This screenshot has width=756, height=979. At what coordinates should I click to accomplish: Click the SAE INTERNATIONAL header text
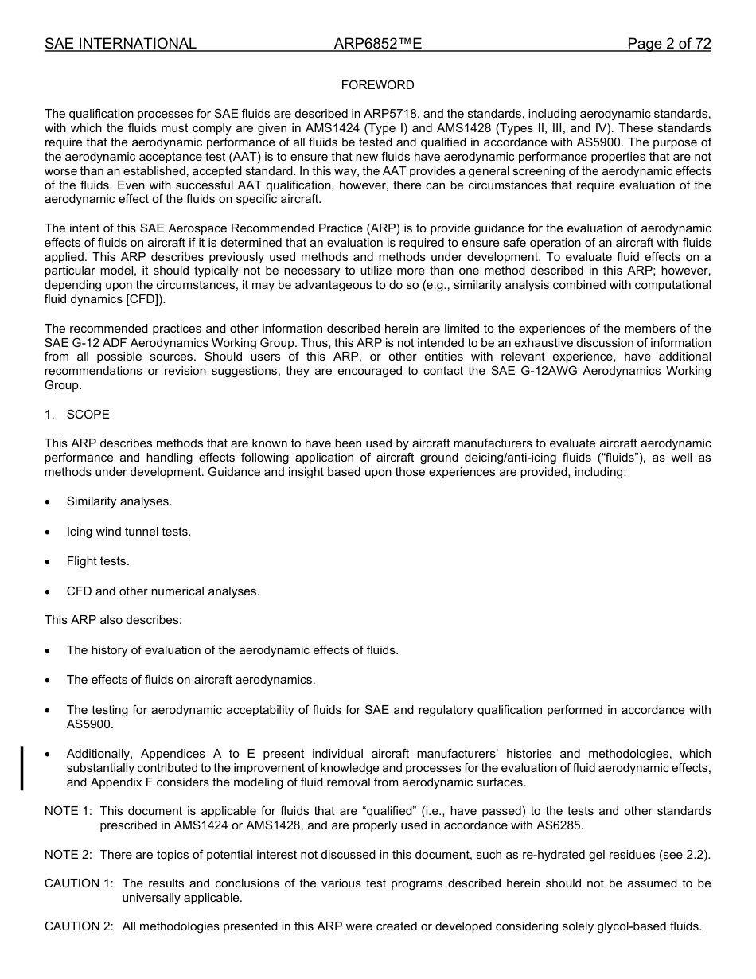pos(120,44)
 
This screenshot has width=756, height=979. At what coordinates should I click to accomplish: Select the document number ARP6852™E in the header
pos(377,44)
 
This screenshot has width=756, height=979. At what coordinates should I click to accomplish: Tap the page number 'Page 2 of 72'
pos(668,44)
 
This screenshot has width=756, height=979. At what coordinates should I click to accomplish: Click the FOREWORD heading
pos(377,85)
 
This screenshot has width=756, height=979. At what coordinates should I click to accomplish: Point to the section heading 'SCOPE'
pos(88,415)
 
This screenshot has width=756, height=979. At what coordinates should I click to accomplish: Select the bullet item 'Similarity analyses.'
pos(119,501)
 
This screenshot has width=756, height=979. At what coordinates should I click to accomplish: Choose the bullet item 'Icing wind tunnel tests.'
pos(128,532)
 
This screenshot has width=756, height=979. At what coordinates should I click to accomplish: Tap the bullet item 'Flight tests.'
pos(97,561)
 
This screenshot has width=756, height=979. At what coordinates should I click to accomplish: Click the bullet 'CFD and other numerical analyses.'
pos(162,591)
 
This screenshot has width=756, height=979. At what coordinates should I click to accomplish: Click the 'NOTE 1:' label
pos(68,811)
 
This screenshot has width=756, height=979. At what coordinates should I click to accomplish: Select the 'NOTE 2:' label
pos(68,855)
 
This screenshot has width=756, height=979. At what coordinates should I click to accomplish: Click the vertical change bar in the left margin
pos(22,768)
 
